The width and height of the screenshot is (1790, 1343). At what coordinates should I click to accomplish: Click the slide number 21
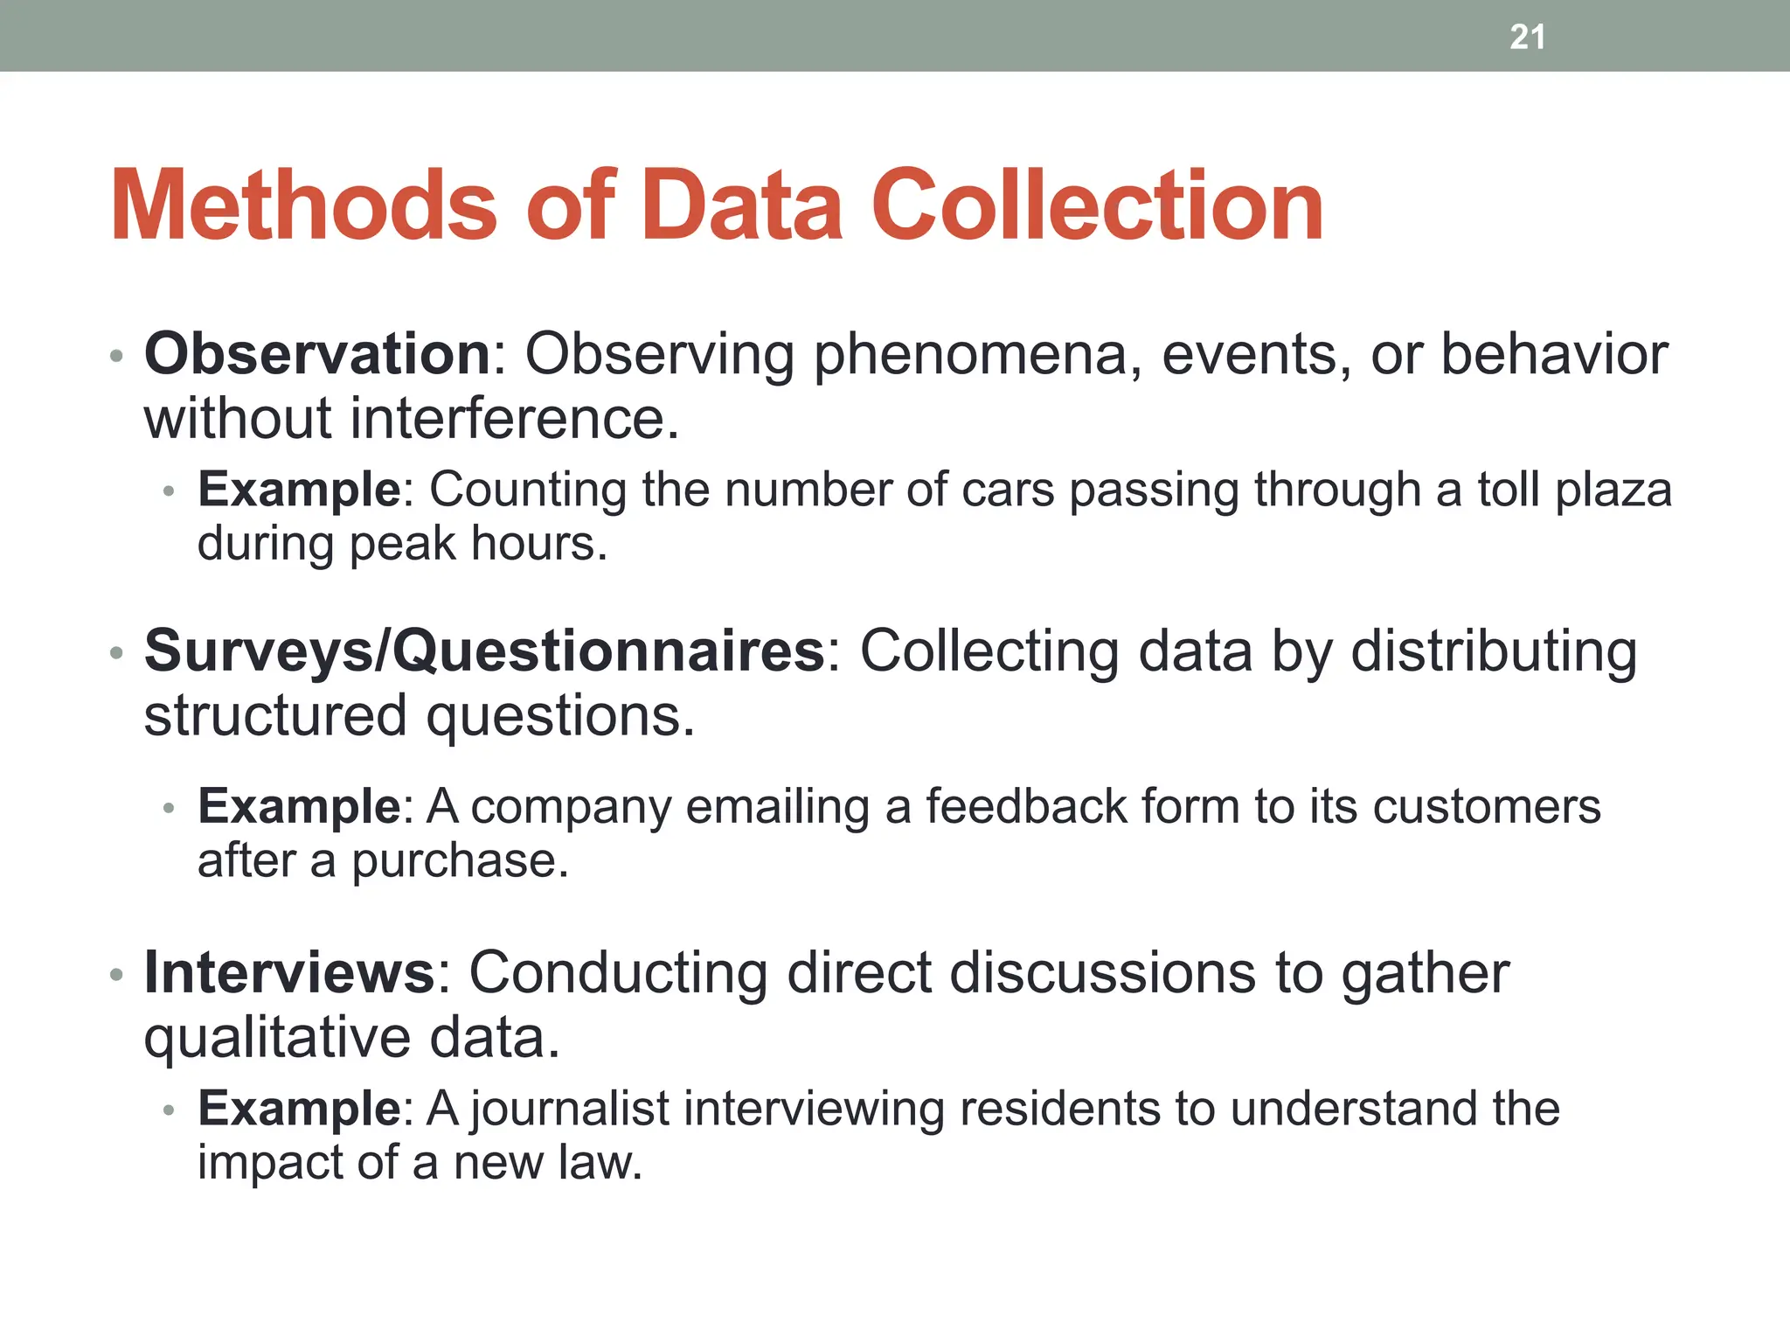[1527, 38]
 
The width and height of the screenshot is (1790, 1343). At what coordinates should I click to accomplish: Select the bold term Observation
[317, 354]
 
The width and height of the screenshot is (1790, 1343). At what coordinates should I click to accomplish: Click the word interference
[514, 419]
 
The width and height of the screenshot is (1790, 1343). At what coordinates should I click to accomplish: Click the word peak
[402, 545]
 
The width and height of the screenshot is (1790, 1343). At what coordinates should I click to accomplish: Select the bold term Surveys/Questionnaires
[484, 651]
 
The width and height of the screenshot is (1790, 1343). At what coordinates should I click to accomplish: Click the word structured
[275, 716]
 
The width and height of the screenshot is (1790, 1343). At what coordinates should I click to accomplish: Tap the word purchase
[460, 862]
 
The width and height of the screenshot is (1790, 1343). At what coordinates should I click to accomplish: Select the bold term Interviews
[289, 972]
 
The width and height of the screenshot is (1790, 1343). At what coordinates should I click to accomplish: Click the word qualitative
[277, 1039]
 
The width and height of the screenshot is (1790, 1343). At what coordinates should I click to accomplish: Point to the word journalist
[570, 1110]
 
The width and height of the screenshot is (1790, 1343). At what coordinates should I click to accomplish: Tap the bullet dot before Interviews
[116, 974]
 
